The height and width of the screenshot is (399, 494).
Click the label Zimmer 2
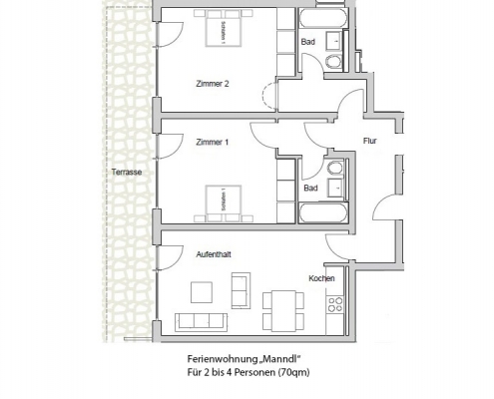(x=213, y=84)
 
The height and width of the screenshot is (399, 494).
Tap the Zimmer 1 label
(x=213, y=142)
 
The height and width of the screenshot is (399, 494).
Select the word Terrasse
(x=127, y=172)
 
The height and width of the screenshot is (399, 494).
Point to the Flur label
(x=369, y=141)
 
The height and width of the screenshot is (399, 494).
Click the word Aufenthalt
(x=215, y=254)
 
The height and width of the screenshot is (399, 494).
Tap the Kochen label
(x=321, y=278)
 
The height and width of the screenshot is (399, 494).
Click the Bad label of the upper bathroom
(x=308, y=42)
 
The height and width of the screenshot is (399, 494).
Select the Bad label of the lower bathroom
(x=310, y=188)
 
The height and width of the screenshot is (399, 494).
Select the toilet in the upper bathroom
(x=333, y=62)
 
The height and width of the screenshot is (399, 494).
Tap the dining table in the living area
(x=281, y=299)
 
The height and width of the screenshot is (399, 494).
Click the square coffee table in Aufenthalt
(x=202, y=292)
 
